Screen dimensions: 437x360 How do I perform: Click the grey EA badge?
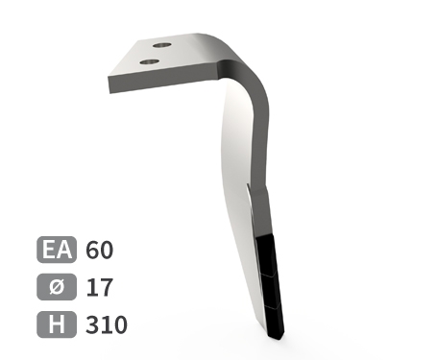pyautogui.click(x=57, y=250)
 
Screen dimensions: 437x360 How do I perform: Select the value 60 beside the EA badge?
pyautogui.click(x=99, y=250)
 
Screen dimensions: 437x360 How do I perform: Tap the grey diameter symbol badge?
pyautogui.click(x=57, y=287)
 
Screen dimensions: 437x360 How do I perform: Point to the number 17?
pyautogui.click(x=100, y=287)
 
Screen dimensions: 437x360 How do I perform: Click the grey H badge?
pyautogui.click(x=57, y=324)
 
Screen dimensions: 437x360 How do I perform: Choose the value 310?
pyautogui.click(x=107, y=324)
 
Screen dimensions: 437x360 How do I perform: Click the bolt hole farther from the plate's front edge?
pyautogui.click(x=162, y=45)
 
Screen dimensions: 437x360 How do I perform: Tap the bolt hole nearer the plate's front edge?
pyautogui.click(x=150, y=61)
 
